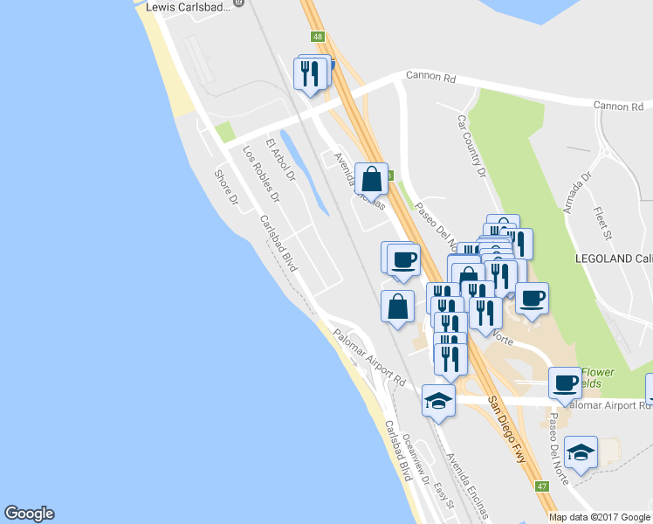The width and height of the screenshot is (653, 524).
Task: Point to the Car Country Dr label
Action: [x=471, y=145]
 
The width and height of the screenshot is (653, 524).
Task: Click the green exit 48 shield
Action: [x=316, y=37]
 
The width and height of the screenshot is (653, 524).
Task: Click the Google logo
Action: [x=29, y=514]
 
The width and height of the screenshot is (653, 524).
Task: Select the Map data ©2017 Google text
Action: [x=600, y=517]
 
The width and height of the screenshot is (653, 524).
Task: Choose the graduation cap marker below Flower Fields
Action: [x=581, y=452]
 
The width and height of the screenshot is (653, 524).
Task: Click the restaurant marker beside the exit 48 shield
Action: [x=309, y=73]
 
